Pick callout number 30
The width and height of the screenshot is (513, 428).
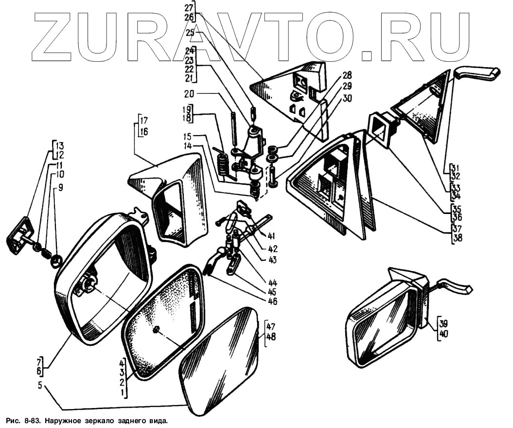[x=346, y=98]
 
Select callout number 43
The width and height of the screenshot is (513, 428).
[x=271, y=260]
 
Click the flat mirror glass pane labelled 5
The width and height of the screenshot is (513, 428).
[x=219, y=360]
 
